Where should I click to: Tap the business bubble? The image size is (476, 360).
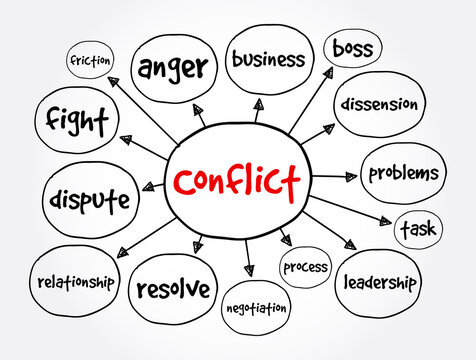point(267,58)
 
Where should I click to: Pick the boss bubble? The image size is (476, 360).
point(352,48)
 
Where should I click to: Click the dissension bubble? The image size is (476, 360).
point(378,103)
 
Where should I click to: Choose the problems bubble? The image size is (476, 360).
point(402,173)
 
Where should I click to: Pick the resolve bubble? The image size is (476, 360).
point(173,289)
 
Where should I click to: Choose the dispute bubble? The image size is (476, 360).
point(89,199)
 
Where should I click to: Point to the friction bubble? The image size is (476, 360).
point(90,60)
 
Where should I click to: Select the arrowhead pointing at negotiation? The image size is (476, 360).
point(248,270)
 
